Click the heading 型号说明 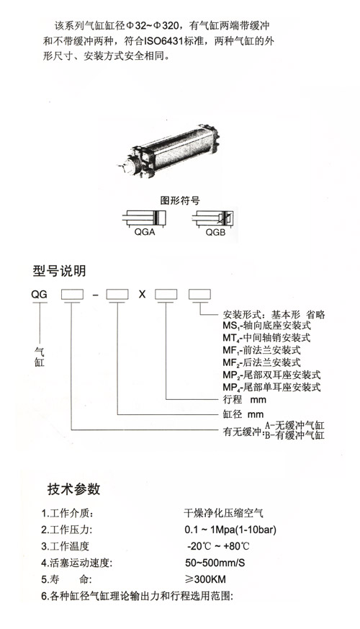59,272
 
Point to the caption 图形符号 179,201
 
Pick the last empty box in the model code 199,294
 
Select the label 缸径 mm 242,415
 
